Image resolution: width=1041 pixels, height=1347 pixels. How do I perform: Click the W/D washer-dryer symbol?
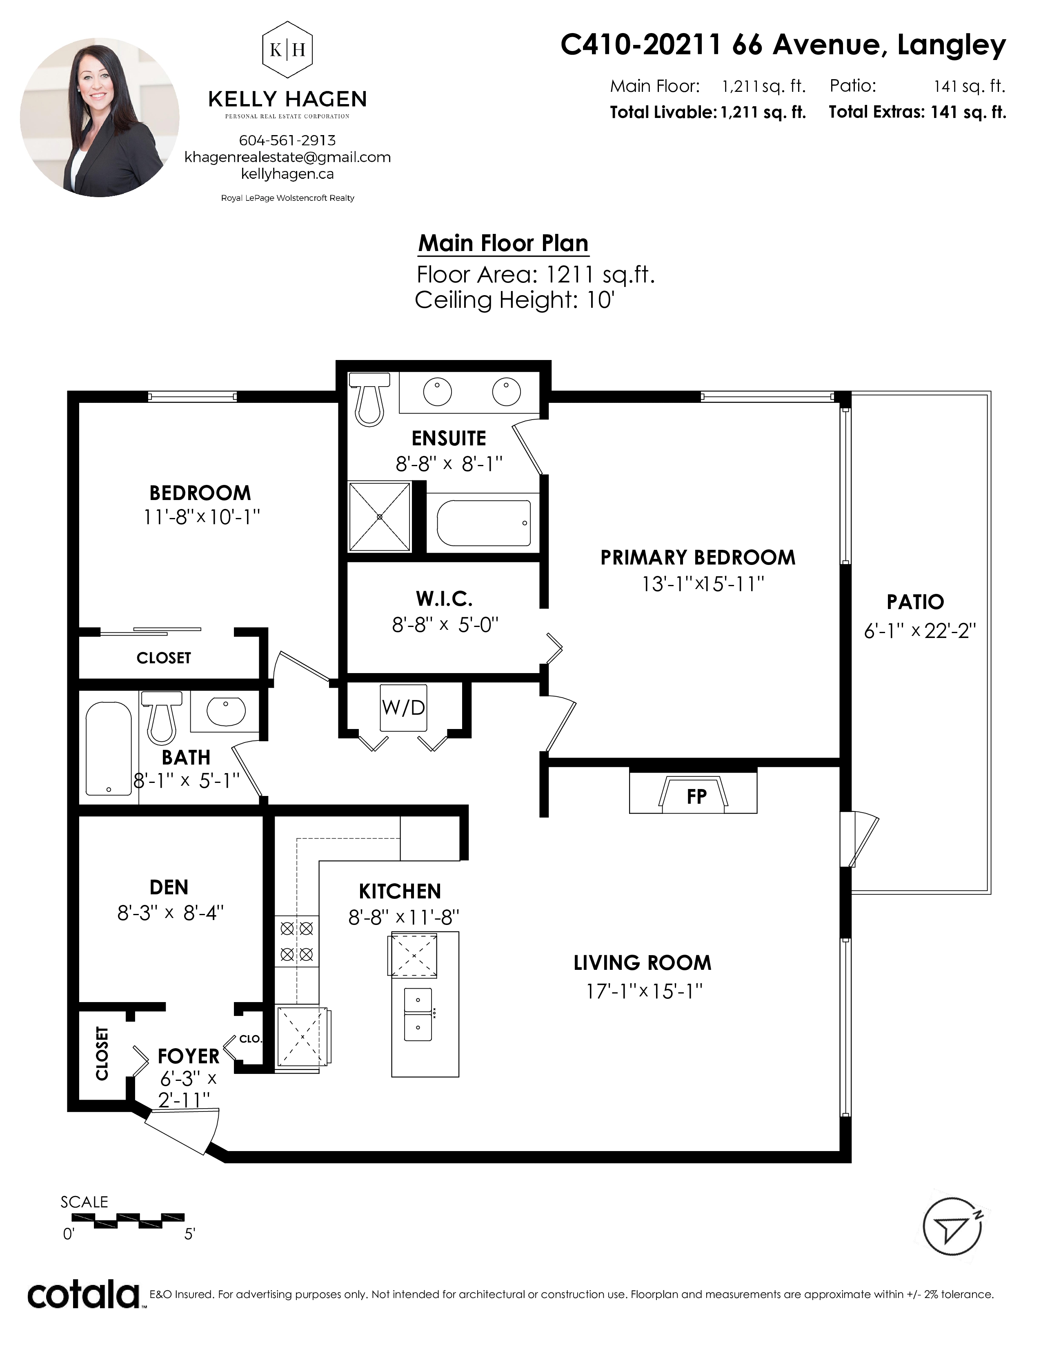tap(403, 707)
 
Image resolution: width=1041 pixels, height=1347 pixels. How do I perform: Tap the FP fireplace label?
tap(696, 796)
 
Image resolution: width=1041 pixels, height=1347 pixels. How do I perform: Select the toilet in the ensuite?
tap(369, 398)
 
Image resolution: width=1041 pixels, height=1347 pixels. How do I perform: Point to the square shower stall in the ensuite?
tap(379, 516)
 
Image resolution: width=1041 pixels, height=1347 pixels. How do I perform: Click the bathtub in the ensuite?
tap(483, 523)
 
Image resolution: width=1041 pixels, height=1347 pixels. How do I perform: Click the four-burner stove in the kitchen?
tap(297, 941)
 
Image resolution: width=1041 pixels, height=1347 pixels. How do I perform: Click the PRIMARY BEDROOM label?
tap(698, 558)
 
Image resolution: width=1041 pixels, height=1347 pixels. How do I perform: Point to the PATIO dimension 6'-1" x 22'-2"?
tap(919, 631)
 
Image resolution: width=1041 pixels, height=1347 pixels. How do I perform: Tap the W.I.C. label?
tap(444, 598)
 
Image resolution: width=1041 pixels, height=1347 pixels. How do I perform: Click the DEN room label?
tap(169, 887)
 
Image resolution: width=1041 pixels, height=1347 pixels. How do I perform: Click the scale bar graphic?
tap(128, 1219)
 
